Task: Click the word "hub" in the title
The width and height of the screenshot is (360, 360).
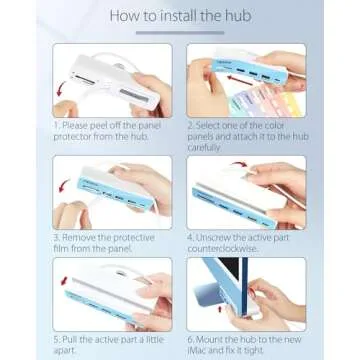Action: pos(238,16)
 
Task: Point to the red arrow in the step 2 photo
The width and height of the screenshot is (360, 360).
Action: pos(241,81)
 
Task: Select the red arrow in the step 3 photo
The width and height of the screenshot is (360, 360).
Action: pos(64,185)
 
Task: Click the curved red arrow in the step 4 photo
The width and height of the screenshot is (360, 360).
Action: pos(238,165)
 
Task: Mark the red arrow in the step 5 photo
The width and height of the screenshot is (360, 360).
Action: pos(64,281)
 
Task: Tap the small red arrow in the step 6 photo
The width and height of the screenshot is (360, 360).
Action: pos(220,310)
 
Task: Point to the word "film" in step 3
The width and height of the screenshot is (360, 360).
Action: pos(61,249)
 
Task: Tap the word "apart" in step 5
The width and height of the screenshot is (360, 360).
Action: pos(65,351)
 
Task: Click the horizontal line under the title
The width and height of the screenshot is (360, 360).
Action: pos(180,33)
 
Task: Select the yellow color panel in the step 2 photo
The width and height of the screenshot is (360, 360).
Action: pos(294,104)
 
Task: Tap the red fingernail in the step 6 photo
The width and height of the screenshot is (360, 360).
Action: pos(252,293)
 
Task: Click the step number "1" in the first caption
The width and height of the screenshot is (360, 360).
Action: pos(56,126)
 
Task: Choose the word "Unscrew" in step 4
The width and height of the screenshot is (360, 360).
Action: pos(216,238)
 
